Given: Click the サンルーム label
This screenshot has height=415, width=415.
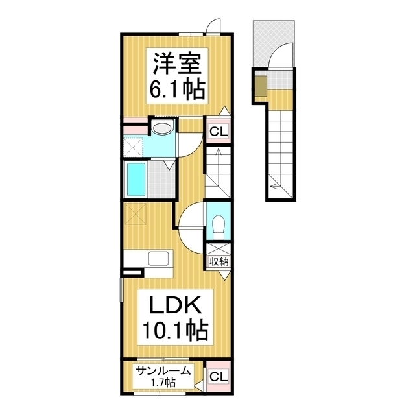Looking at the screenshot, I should click(x=163, y=371).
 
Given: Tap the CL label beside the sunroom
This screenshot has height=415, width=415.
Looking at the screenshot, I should click(x=217, y=377).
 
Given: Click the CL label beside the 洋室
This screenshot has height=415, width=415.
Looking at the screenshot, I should click(x=217, y=133).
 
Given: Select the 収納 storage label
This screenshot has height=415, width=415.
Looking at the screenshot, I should click(x=217, y=261).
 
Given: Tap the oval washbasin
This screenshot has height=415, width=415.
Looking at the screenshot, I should click(x=163, y=128).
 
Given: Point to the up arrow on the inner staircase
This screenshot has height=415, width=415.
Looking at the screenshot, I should click(x=219, y=161).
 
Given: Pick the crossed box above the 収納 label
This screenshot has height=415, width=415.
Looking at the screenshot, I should click(x=217, y=248).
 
